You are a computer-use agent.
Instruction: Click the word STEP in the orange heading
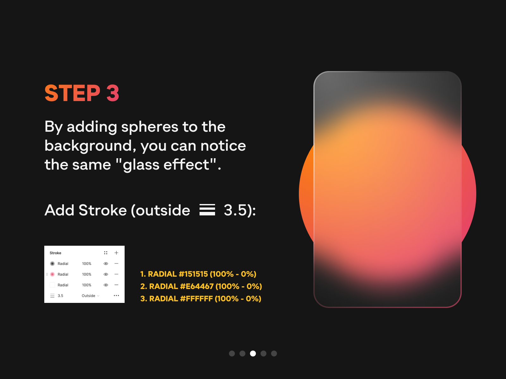72,93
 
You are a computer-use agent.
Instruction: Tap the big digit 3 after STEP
113,93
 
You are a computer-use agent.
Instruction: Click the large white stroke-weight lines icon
207,210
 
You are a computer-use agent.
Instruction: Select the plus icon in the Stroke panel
116,253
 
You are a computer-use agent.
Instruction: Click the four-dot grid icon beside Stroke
106,253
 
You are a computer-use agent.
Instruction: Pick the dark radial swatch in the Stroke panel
52,263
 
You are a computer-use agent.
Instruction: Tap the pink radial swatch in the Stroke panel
52,274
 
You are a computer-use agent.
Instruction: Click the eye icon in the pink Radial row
106,274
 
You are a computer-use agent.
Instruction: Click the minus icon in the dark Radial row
116,263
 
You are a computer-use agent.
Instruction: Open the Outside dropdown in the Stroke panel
90,296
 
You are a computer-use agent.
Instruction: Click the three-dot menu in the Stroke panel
116,296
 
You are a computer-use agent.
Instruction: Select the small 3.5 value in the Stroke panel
60,296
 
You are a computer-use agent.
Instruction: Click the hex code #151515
193,274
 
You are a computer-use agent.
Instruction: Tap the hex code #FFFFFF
196,298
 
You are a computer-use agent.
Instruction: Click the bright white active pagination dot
253,353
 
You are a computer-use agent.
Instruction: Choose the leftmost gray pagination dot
232,353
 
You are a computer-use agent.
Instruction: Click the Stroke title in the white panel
55,253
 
